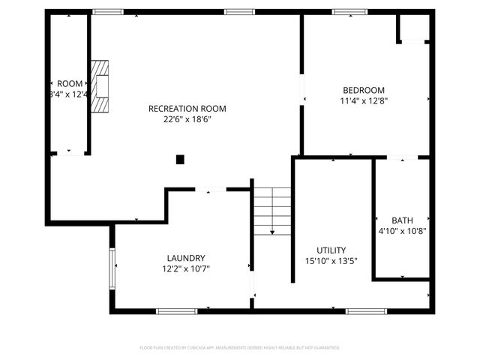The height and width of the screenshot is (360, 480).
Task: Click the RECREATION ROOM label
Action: tap(187, 108)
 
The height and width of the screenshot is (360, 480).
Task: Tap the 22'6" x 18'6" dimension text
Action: tap(187, 118)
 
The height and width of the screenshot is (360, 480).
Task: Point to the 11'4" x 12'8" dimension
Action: tap(363, 100)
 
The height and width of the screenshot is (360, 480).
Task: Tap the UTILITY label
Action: tap(331, 250)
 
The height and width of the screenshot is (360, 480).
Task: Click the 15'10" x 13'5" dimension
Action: tap(331, 261)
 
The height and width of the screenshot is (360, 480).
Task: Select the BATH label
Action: tap(403, 220)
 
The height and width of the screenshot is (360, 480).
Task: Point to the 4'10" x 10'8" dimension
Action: tap(403, 231)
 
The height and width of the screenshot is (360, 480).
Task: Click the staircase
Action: tap(271, 211)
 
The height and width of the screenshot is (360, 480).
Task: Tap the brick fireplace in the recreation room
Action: tap(100, 85)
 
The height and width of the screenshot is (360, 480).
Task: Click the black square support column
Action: tap(180, 159)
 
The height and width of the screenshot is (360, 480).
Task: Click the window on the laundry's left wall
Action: tap(112, 268)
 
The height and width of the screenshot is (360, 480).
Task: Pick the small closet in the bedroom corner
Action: tap(412, 28)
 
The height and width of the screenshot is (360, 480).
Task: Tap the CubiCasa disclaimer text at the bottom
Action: tap(240, 348)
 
